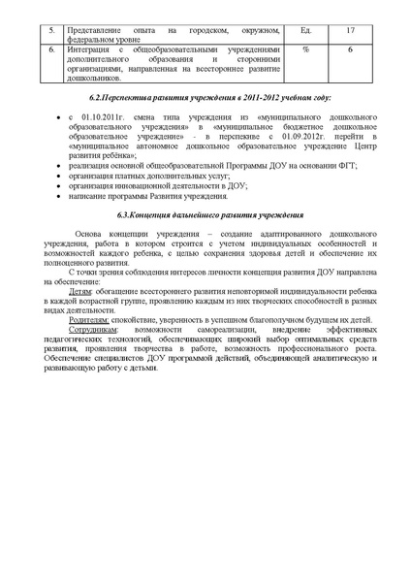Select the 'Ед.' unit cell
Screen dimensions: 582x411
pos(305,30)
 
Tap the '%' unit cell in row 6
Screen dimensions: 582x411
pos(305,48)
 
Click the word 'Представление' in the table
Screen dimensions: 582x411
pos(90,30)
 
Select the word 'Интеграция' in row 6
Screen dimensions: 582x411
pos(85,48)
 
